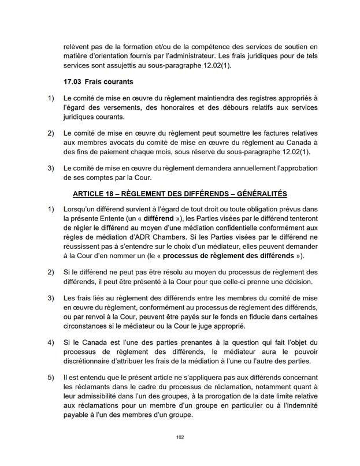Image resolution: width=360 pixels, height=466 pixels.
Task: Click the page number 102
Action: (180, 437)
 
